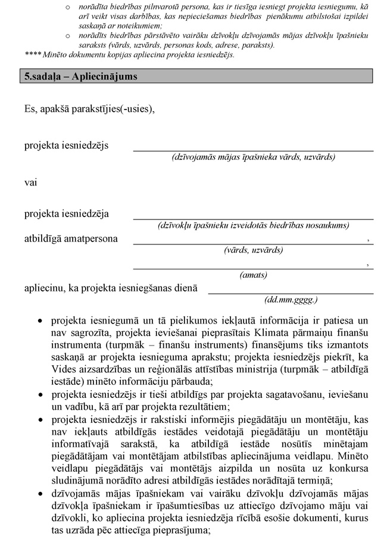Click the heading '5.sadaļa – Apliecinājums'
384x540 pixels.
77,77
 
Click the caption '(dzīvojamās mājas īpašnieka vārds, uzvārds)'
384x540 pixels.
253,158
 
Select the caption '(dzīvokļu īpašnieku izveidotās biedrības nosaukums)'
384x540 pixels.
253,225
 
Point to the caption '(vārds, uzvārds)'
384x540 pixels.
253,250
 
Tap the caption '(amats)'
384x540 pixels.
253,275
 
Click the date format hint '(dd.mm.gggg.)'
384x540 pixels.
291,300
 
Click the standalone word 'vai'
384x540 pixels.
30,183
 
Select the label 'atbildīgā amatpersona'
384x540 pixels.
71,239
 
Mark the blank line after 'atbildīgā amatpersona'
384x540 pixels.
250,243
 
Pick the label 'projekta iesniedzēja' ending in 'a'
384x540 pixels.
67,213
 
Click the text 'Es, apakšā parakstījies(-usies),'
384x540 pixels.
89,109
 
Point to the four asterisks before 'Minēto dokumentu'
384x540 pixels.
32,55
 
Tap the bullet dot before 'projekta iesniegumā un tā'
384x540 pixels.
40,320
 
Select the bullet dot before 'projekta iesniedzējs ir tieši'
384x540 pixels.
40,394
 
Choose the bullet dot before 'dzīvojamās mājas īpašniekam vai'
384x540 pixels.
40,494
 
